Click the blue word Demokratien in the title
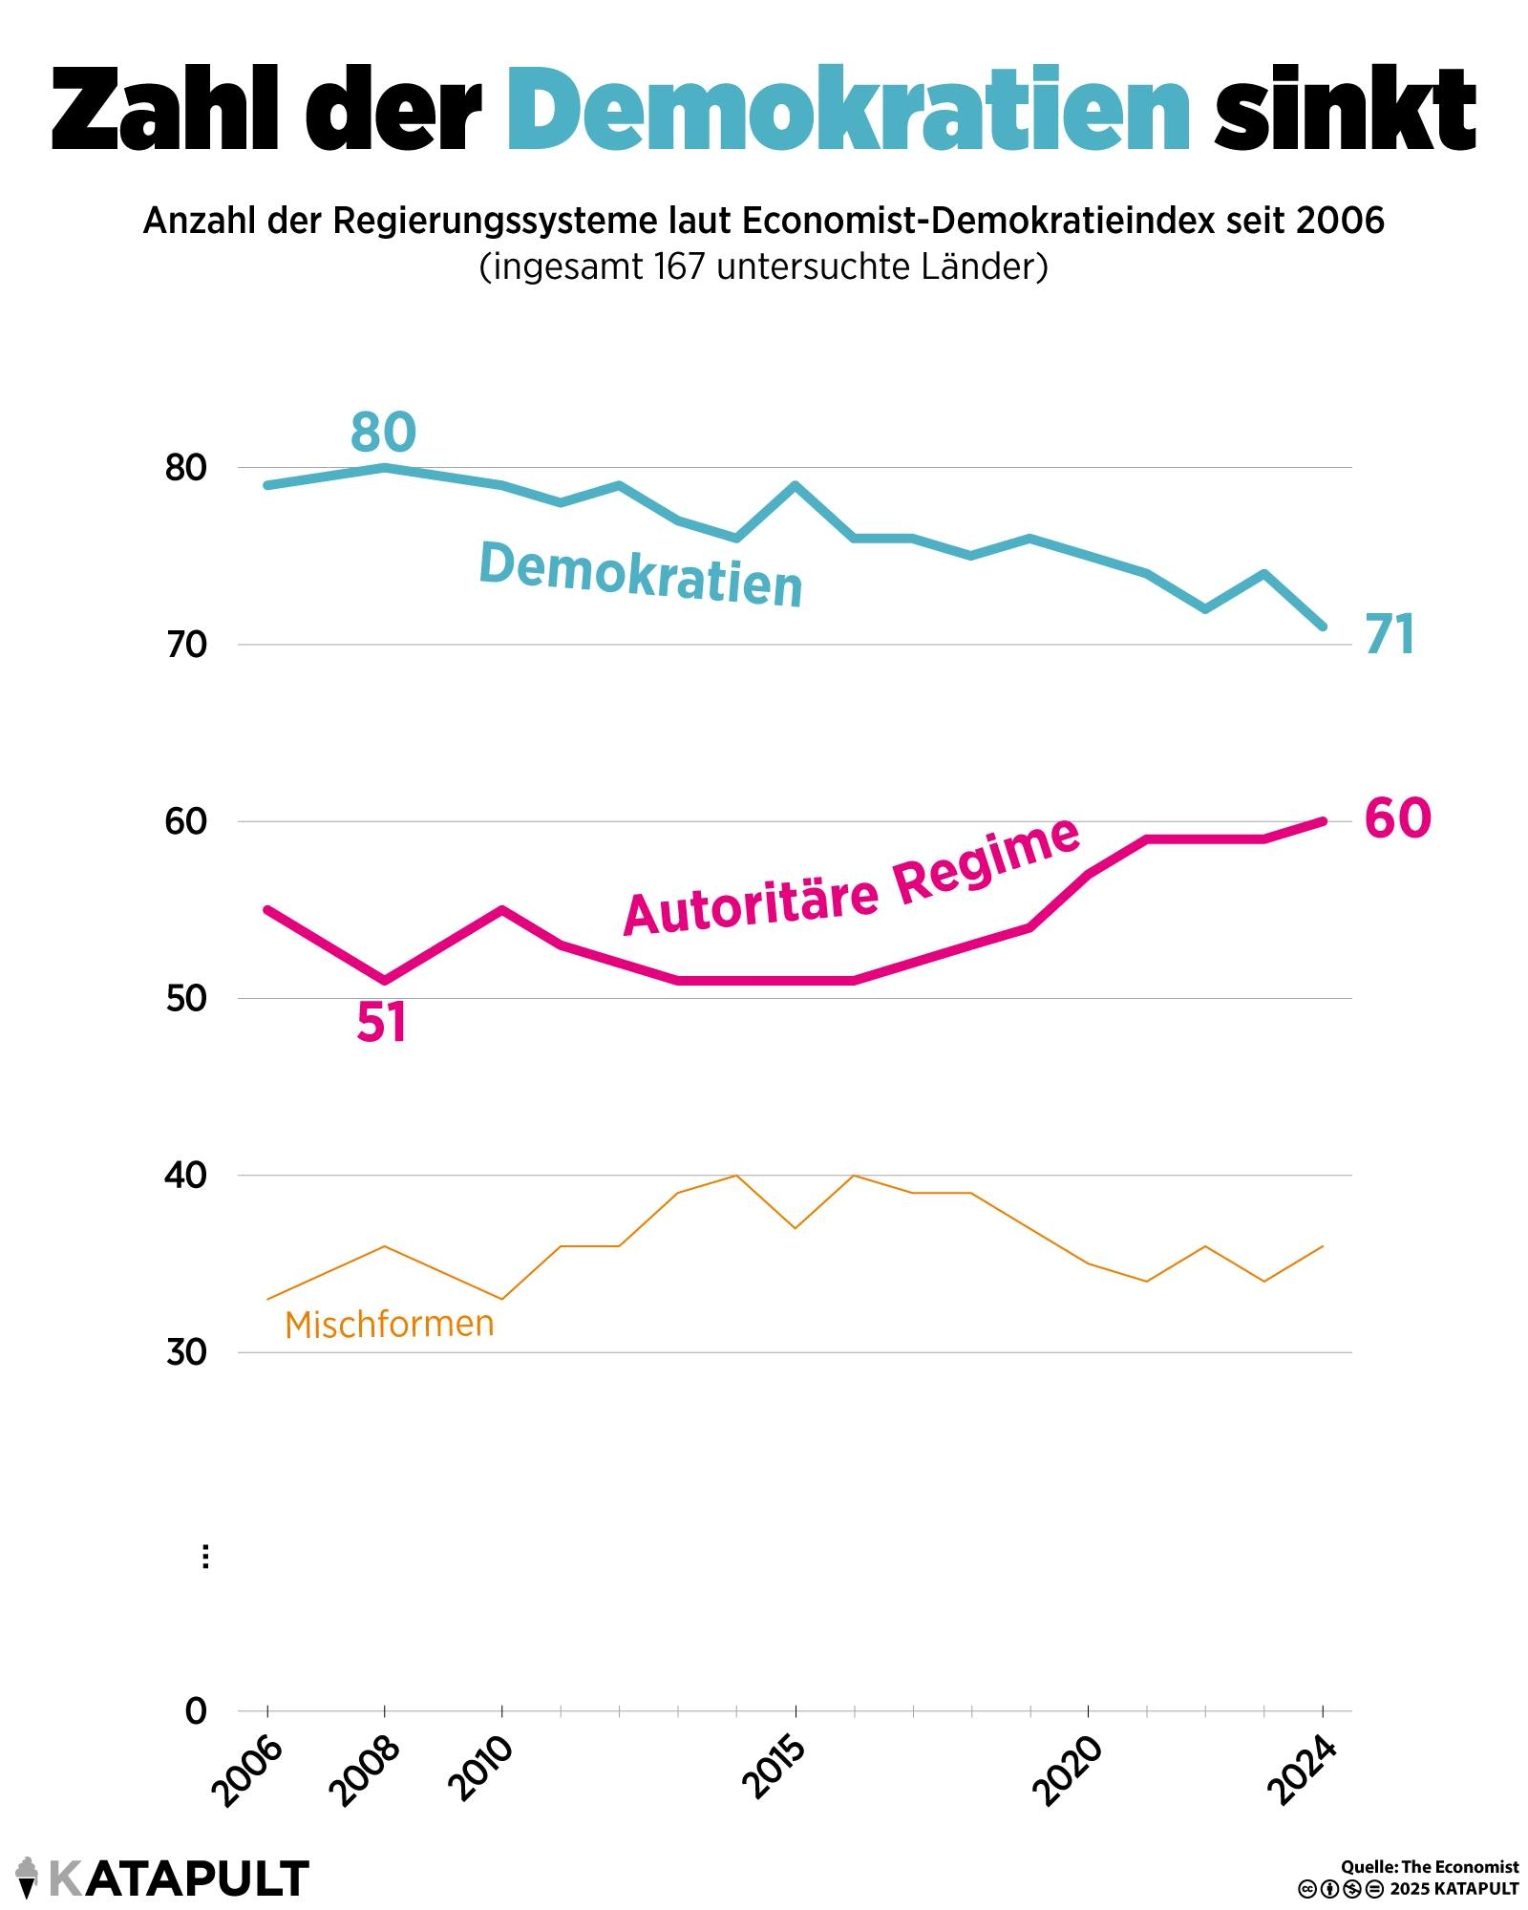click(x=848, y=109)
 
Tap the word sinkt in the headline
click(x=1345, y=109)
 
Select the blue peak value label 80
click(x=383, y=432)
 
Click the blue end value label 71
click(x=1390, y=635)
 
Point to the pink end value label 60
click(x=1397, y=818)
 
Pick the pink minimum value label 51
click(x=382, y=1023)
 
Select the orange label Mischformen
click(x=390, y=1325)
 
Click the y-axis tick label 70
click(x=186, y=646)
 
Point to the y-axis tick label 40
click(x=186, y=1176)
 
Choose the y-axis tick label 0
click(x=196, y=1711)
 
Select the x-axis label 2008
click(x=364, y=1772)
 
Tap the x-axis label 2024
click(x=1301, y=1772)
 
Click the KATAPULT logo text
click(x=178, y=1878)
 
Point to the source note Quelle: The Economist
click(x=1429, y=1867)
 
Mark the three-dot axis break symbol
click(x=205, y=1557)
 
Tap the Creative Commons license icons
click(x=1340, y=1889)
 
